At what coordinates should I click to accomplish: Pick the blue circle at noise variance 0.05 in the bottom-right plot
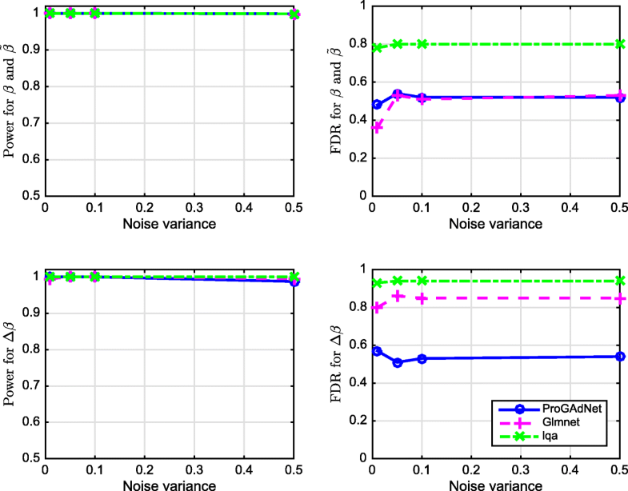pos(398,362)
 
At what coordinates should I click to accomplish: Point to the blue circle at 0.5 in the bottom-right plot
pos(620,356)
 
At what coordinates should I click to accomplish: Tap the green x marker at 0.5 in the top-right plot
pos(620,44)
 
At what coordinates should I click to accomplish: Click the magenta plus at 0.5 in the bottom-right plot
pos(620,298)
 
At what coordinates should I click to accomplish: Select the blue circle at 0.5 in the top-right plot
pos(620,97)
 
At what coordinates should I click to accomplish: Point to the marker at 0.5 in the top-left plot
pos(294,14)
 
